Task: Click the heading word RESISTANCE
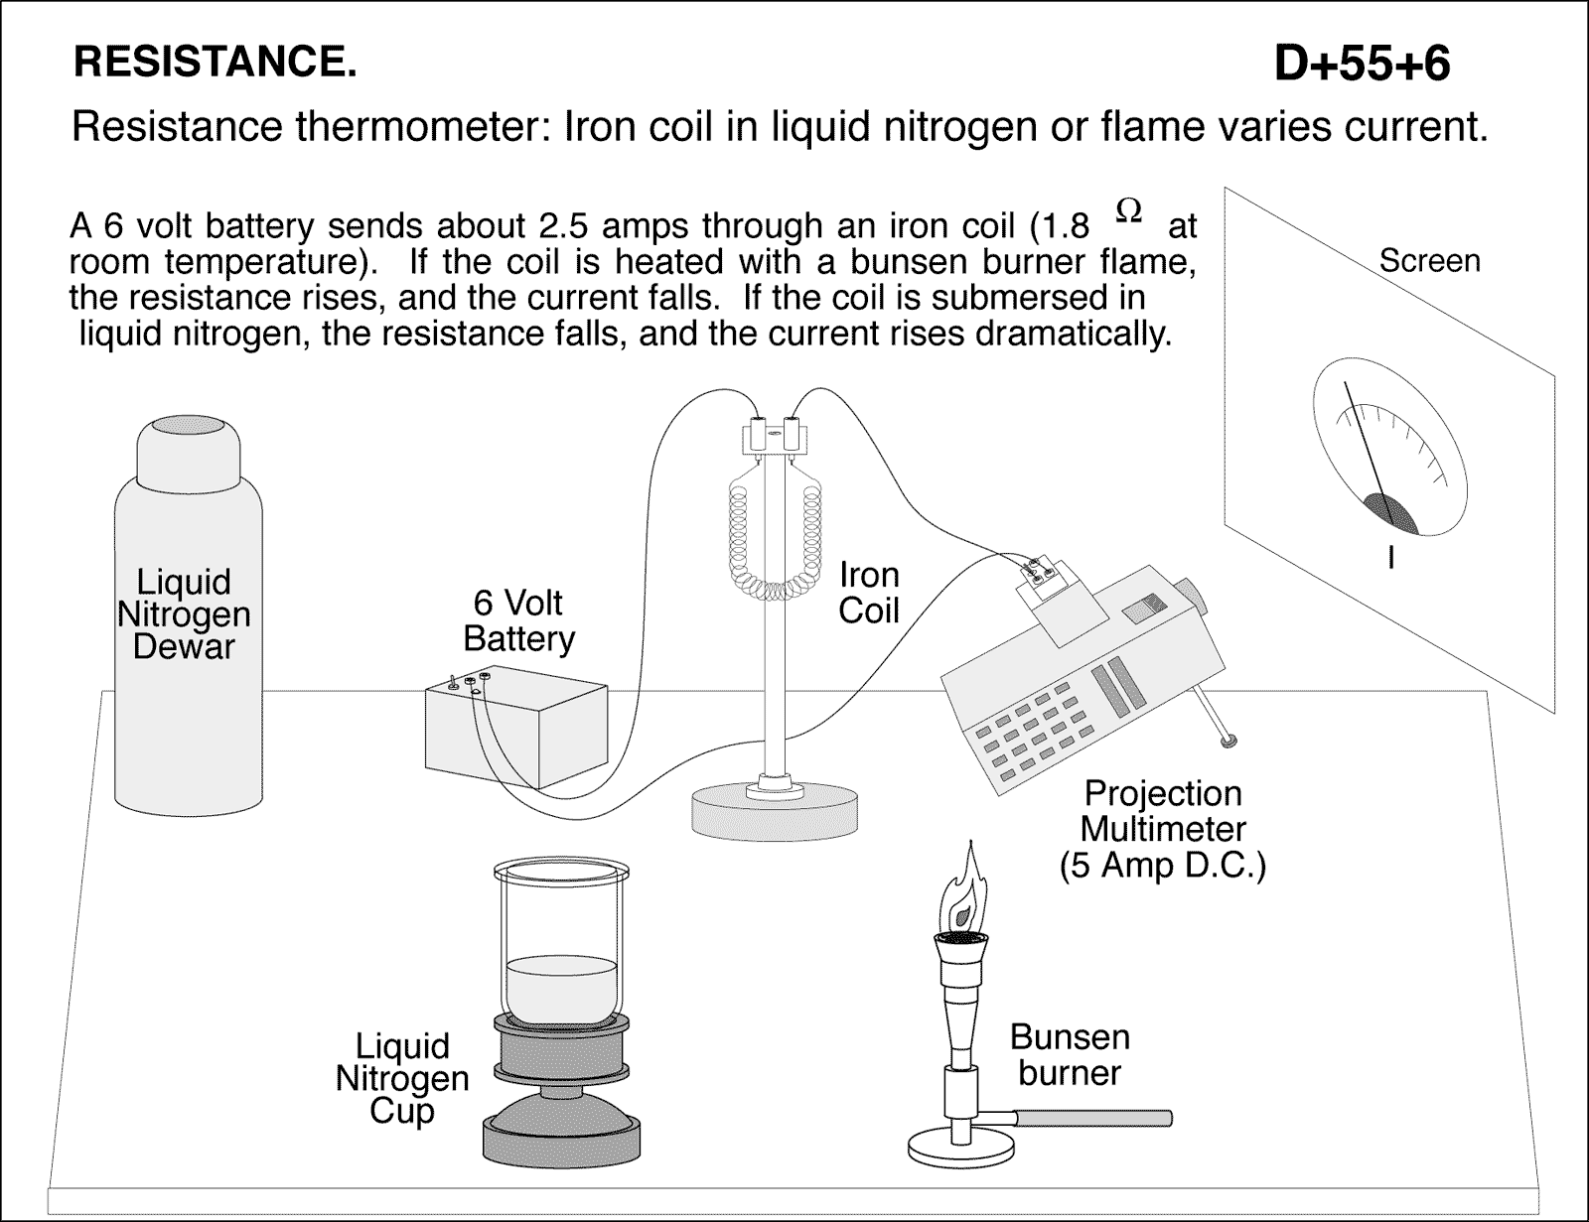pos(214,64)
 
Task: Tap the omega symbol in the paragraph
pos(1129,209)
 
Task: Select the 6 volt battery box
pos(516,729)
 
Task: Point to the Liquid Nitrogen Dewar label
pos(184,614)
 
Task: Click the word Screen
pos(1429,261)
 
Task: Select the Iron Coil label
pos(868,593)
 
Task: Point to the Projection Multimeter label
pos(1162,829)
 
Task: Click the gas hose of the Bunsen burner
pos(1092,1119)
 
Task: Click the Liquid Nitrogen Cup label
pos(401,1078)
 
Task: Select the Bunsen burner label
pos(1070,1054)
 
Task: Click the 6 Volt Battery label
pos(518,620)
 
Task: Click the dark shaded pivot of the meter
pos(1389,510)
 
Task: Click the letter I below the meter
pos(1391,560)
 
